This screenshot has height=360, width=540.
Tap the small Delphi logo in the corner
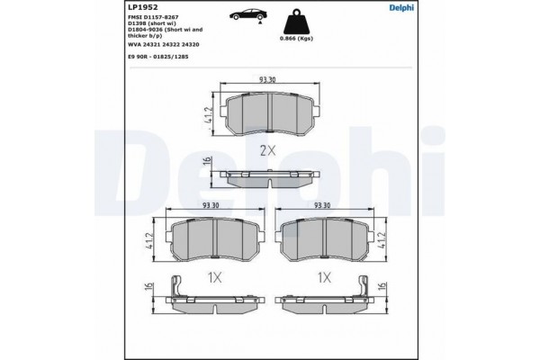point(401,7)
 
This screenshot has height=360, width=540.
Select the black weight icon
point(296,22)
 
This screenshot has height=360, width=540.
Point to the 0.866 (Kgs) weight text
point(296,38)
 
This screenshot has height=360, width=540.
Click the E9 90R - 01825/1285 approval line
point(158,57)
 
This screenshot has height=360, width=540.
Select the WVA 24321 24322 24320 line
point(163,44)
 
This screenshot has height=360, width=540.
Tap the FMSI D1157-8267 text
point(153,17)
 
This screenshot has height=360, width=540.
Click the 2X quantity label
point(267,150)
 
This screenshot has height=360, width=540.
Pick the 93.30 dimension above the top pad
point(267,79)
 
